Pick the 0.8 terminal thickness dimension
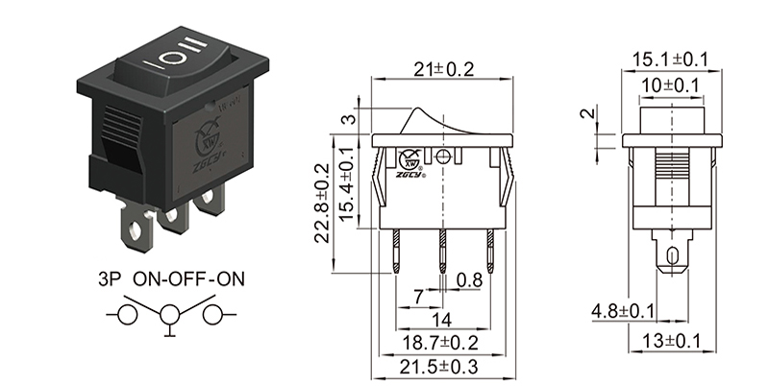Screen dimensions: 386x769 (470, 280)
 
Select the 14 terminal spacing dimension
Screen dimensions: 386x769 (442, 320)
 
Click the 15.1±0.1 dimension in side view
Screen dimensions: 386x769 (669, 60)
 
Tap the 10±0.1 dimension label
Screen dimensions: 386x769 (669, 86)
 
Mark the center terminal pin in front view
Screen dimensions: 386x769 (443, 252)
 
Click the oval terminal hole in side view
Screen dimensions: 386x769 (670, 255)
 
